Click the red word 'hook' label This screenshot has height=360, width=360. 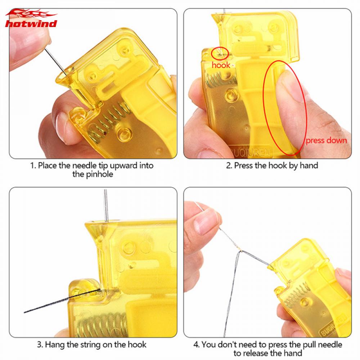coord(221,65)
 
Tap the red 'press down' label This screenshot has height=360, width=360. coord(326,140)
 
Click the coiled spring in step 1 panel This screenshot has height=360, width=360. coord(108,122)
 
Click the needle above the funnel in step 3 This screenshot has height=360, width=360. coord(105,205)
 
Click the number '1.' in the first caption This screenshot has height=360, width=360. coord(33,166)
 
